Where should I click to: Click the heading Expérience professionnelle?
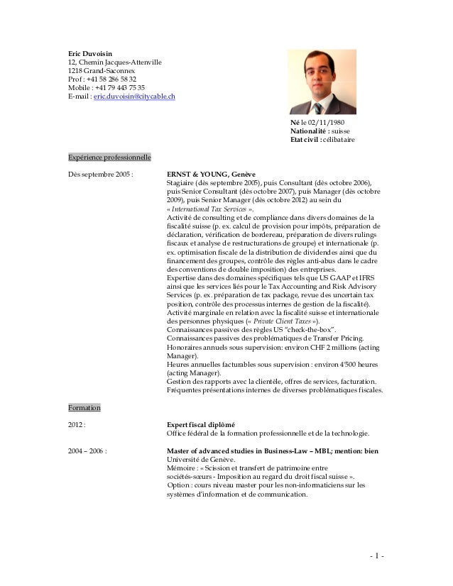[104, 156]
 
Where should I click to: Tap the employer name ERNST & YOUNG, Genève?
[211, 174]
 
